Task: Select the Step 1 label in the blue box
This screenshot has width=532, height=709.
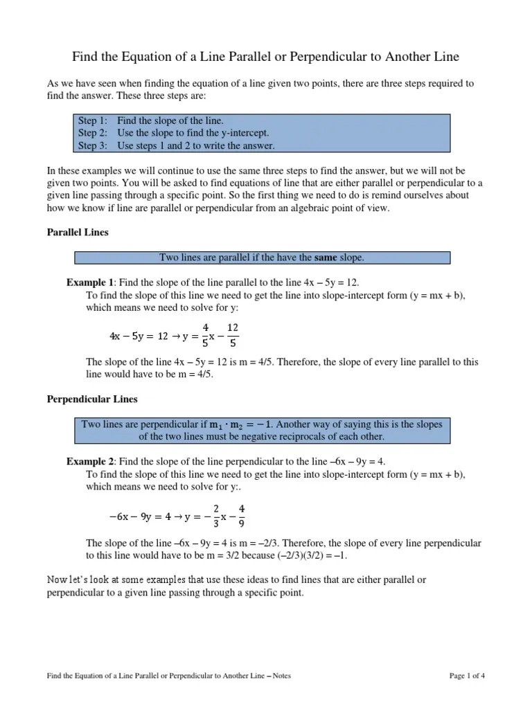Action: point(93,120)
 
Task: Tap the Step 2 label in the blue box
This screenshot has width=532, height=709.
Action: point(93,132)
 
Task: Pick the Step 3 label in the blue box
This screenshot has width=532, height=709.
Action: point(93,145)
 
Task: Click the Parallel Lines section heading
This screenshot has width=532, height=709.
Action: point(78,233)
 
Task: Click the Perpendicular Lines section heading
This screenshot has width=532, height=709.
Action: point(92,399)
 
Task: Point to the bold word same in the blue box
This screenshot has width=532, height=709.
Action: point(325,258)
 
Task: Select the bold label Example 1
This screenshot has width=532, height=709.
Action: point(89,282)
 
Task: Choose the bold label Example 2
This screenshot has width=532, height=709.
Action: point(89,462)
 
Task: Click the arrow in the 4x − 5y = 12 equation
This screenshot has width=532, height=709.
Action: point(175,335)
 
